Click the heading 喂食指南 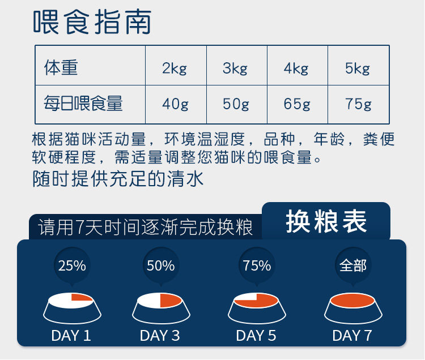[x=92, y=22]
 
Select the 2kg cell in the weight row [x=176, y=66]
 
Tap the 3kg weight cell [x=237, y=66]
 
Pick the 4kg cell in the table [x=297, y=66]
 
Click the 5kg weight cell [x=358, y=66]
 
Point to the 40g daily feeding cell [x=176, y=105]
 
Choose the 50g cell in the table [x=237, y=105]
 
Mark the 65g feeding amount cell [x=297, y=105]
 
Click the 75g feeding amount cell [x=358, y=105]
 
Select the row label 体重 [x=61, y=67]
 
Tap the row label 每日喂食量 [x=83, y=104]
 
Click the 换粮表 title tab [x=326, y=221]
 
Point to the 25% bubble [x=72, y=265]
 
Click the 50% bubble [x=161, y=265]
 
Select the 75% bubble [x=257, y=265]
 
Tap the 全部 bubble [x=353, y=265]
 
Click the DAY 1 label [x=71, y=336]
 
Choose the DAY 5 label [x=256, y=336]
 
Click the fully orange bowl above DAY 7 [x=353, y=308]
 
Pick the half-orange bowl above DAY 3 [x=161, y=308]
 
